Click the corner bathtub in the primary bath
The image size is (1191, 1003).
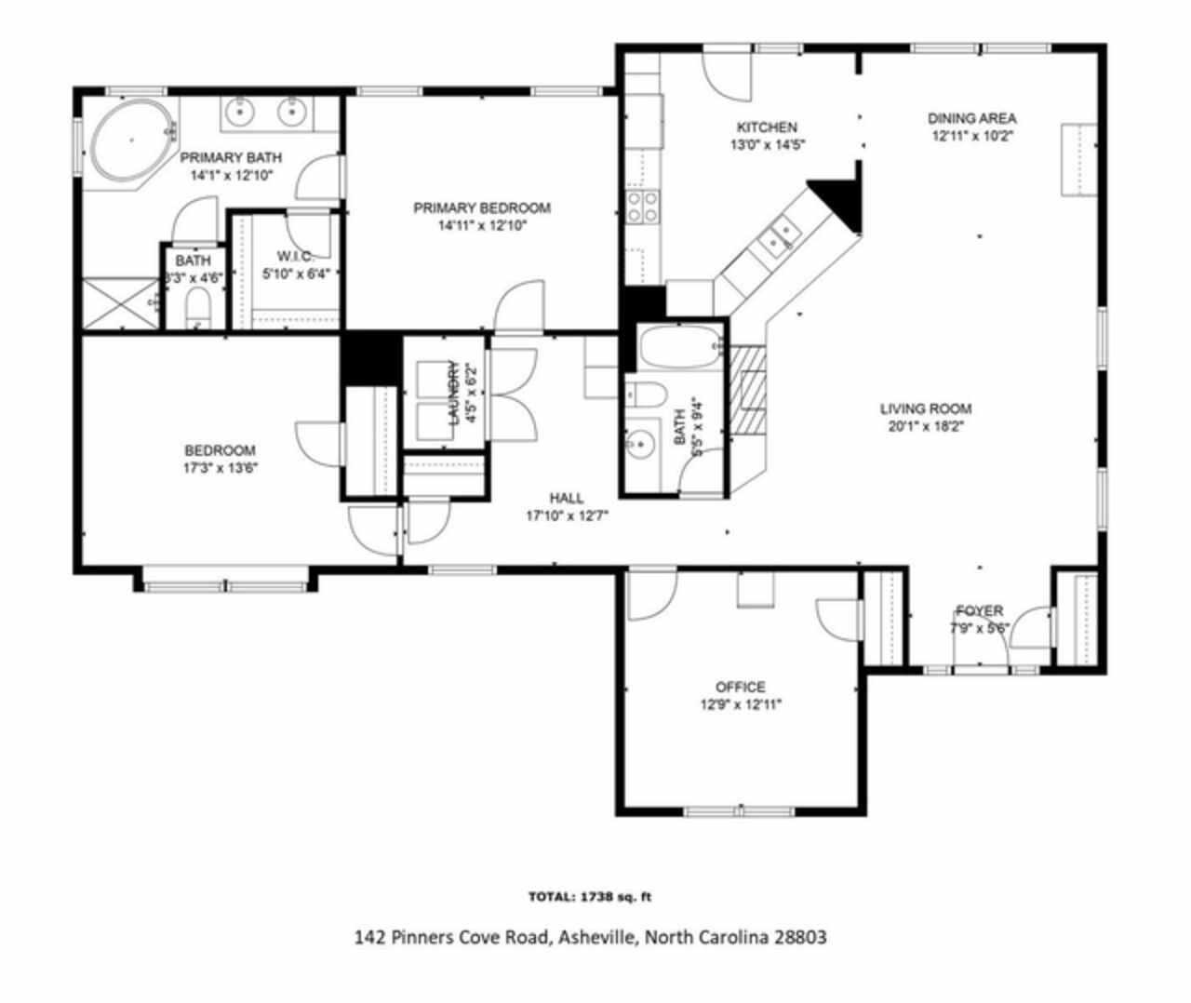131,142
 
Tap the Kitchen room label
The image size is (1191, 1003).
767,127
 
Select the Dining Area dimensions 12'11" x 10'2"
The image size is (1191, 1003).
971,136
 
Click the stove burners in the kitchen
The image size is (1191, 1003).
642,207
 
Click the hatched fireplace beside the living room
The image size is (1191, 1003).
746,391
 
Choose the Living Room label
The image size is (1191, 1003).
926,408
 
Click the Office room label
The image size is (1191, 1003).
741,687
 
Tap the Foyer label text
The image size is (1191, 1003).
979,610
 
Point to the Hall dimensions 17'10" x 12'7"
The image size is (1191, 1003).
566,515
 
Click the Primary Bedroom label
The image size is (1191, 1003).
482,207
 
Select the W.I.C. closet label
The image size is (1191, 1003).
295,256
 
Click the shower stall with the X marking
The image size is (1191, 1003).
120,302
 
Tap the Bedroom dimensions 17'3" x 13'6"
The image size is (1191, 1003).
220,468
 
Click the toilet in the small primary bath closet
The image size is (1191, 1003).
197,308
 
